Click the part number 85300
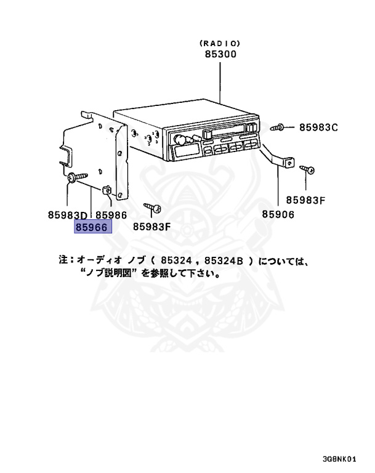(x=220, y=54)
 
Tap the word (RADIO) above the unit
(x=220, y=43)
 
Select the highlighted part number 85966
(x=92, y=227)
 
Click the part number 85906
(x=278, y=214)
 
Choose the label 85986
(x=110, y=215)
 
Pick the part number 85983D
(x=68, y=215)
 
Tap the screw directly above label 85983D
(x=75, y=177)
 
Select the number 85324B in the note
(x=222, y=261)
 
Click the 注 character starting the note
(x=63, y=261)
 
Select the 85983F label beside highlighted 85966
(x=151, y=227)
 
